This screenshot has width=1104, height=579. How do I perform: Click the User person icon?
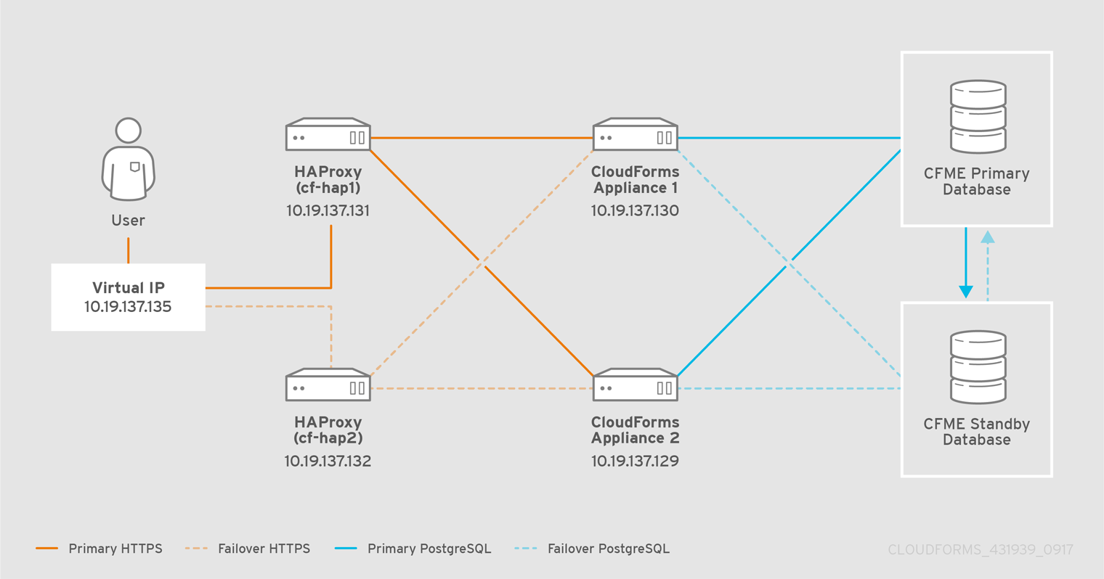128,159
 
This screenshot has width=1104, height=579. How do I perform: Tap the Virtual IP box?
128,297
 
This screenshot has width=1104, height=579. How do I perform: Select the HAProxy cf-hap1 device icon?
328,135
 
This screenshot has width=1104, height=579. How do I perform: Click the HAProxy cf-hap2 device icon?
328,385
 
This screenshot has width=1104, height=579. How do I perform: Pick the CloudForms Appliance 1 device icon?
635,135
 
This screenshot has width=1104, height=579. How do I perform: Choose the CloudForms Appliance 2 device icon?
635,385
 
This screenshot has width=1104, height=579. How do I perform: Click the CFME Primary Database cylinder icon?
978,117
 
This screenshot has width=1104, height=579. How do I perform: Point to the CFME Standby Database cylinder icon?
978,367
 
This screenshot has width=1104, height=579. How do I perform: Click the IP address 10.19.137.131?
328,211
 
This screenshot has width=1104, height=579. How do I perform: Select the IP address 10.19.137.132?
328,461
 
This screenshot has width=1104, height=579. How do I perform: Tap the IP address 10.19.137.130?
635,211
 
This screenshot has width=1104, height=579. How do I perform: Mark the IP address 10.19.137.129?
635,461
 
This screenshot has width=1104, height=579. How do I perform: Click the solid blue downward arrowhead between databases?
965,292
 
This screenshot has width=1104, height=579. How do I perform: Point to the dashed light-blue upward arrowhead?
987,237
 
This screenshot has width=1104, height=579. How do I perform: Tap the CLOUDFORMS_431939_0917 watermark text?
980,550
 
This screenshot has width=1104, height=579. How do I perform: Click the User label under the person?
128,221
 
